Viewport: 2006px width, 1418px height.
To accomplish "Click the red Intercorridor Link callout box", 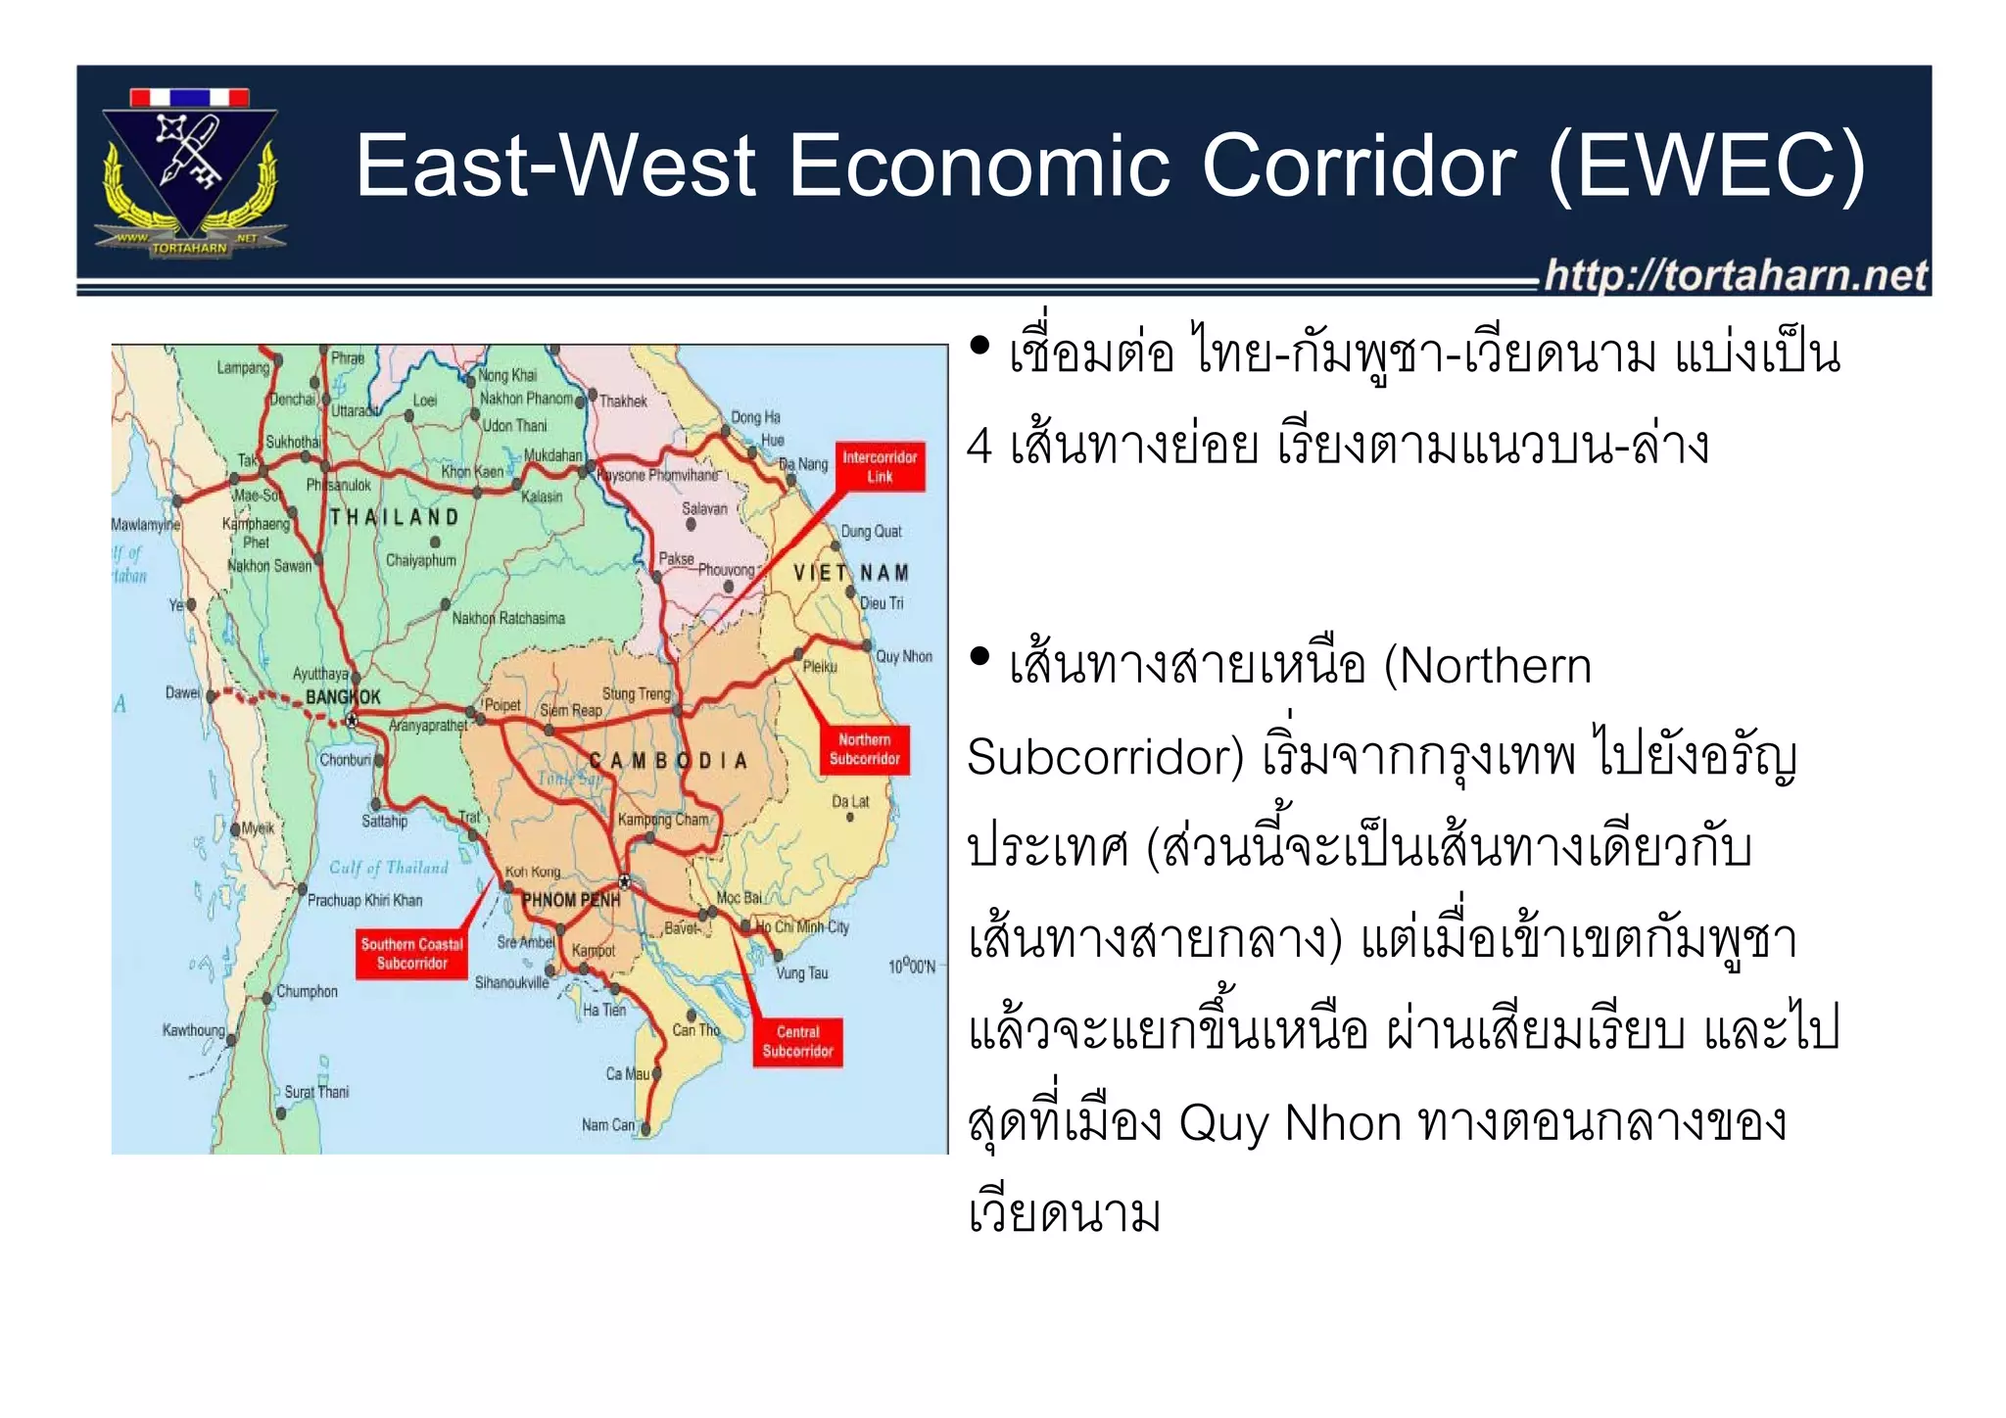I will [x=879, y=466].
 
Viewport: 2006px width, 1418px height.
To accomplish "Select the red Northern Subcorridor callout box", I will [x=864, y=749].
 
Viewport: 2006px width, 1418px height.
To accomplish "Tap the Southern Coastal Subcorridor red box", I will [x=411, y=954].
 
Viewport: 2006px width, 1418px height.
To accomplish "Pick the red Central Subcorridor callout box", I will [x=797, y=1041].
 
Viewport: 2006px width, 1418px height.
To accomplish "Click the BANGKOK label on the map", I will [x=342, y=697].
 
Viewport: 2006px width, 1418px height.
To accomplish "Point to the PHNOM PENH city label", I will [x=570, y=900].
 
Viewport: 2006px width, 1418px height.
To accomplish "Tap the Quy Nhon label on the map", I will [x=903, y=656].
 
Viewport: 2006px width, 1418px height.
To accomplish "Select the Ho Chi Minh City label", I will [x=801, y=926].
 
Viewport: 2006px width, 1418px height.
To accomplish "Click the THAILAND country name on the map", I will [x=394, y=517].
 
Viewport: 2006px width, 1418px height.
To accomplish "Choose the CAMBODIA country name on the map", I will [x=668, y=761].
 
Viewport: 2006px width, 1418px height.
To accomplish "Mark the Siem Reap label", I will [x=571, y=710].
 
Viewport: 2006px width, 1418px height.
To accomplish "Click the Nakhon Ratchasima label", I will [x=507, y=618].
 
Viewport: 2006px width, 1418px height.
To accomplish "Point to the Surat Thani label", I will [x=315, y=1092].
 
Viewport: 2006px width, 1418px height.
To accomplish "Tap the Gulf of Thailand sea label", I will [x=388, y=868].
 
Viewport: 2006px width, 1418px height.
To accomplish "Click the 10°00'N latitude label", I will [x=912, y=967].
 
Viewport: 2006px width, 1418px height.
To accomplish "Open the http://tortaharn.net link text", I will [x=1736, y=275].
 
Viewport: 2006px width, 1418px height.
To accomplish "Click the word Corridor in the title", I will [x=1359, y=166].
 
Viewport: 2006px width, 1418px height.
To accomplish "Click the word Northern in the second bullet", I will [x=1495, y=667].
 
